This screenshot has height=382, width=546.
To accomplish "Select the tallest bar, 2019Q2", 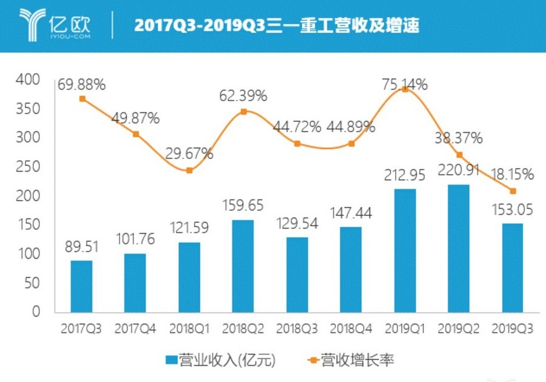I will (x=459, y=249).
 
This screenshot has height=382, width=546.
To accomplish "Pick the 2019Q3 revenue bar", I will (x=513, y=267).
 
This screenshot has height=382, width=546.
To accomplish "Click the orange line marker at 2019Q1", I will (x=405, y=89).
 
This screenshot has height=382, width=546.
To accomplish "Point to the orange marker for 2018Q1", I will (x=190, y=170).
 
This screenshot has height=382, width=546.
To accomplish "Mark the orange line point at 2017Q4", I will (x=136, y=134).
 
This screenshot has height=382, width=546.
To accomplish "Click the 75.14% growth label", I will (x=405, y=84).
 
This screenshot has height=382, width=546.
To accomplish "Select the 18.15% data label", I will (x=513, y=175).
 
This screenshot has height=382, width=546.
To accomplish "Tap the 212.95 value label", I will (x=405, y=176).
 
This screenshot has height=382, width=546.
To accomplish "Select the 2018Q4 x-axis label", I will (x=351, y=329).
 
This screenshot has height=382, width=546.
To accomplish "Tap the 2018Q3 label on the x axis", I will (x=297, y=329).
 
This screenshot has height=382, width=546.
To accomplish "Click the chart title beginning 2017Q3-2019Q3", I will (x=277, y=25).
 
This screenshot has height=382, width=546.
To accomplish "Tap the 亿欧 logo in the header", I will (x=55, y=24).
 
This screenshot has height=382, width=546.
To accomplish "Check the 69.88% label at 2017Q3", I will (x=82, y=85).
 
